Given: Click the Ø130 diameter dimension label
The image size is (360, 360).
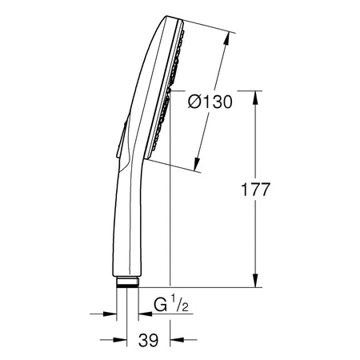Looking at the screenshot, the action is click(210, 102).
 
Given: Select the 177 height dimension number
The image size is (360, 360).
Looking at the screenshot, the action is click(255, 190).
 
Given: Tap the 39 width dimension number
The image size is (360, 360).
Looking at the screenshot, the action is click(148, 340).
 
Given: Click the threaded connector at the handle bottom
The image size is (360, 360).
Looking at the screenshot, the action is click(127, 282).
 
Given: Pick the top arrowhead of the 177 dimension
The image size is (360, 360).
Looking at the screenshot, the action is click(255, 98).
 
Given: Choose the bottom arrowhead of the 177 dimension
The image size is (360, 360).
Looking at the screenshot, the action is click(255, 281).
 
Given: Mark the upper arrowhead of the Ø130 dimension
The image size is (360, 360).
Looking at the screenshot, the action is click(226, 39).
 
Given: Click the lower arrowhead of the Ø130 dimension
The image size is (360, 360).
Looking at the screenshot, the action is click(198, 164).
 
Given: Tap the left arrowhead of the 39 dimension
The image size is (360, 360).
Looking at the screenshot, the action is click(120, 340).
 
